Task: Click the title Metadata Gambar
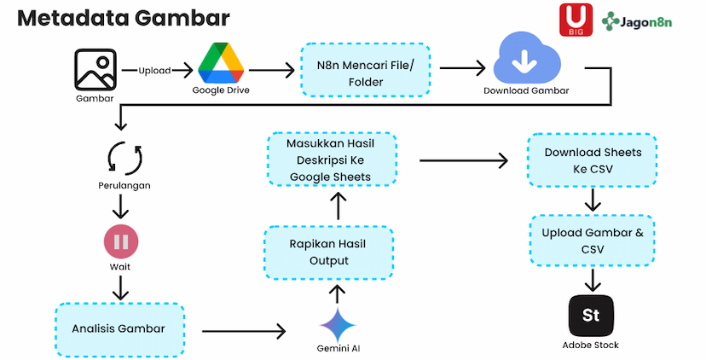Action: (x=123, y=19)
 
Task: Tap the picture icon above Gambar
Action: (x=95, y=68)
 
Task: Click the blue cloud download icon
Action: (x=526, y=57)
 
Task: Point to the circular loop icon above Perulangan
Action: (x=124, y=158)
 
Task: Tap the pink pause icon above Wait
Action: (x=121, y=241)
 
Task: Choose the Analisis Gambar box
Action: (x=119, y=328)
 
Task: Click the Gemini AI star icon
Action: (x=338, y=325)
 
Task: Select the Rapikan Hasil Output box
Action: (x=329, y=253)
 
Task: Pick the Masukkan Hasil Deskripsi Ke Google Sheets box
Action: (x=332, y=160)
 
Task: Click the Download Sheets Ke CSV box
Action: (x=593, y=160)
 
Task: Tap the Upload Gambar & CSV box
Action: (x=593, y=241)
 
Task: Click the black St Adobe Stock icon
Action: (x=590, y=316)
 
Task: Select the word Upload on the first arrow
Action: (x=154, y=70)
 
